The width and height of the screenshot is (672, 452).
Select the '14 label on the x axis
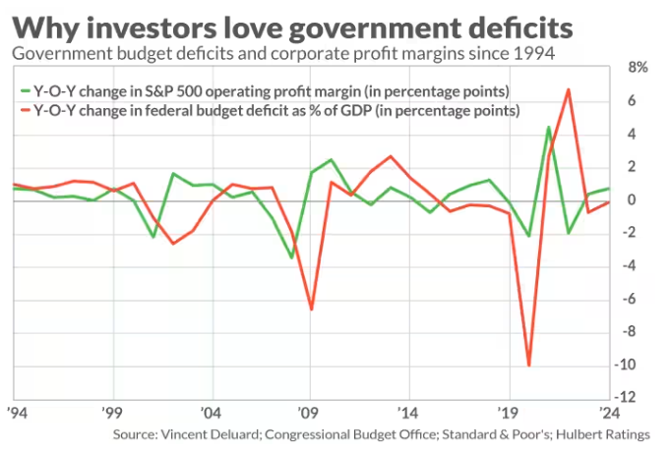409,414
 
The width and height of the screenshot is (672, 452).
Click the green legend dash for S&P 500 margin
24,91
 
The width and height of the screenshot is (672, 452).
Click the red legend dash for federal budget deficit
24,111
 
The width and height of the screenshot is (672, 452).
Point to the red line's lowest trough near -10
529,366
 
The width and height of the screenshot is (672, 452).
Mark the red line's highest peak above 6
568,90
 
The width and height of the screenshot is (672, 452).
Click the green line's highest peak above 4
548,127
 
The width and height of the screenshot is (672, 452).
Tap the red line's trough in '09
312,310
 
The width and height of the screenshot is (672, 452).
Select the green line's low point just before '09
291,257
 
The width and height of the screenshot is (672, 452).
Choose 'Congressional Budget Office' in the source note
323,433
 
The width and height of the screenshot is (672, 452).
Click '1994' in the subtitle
534,52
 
